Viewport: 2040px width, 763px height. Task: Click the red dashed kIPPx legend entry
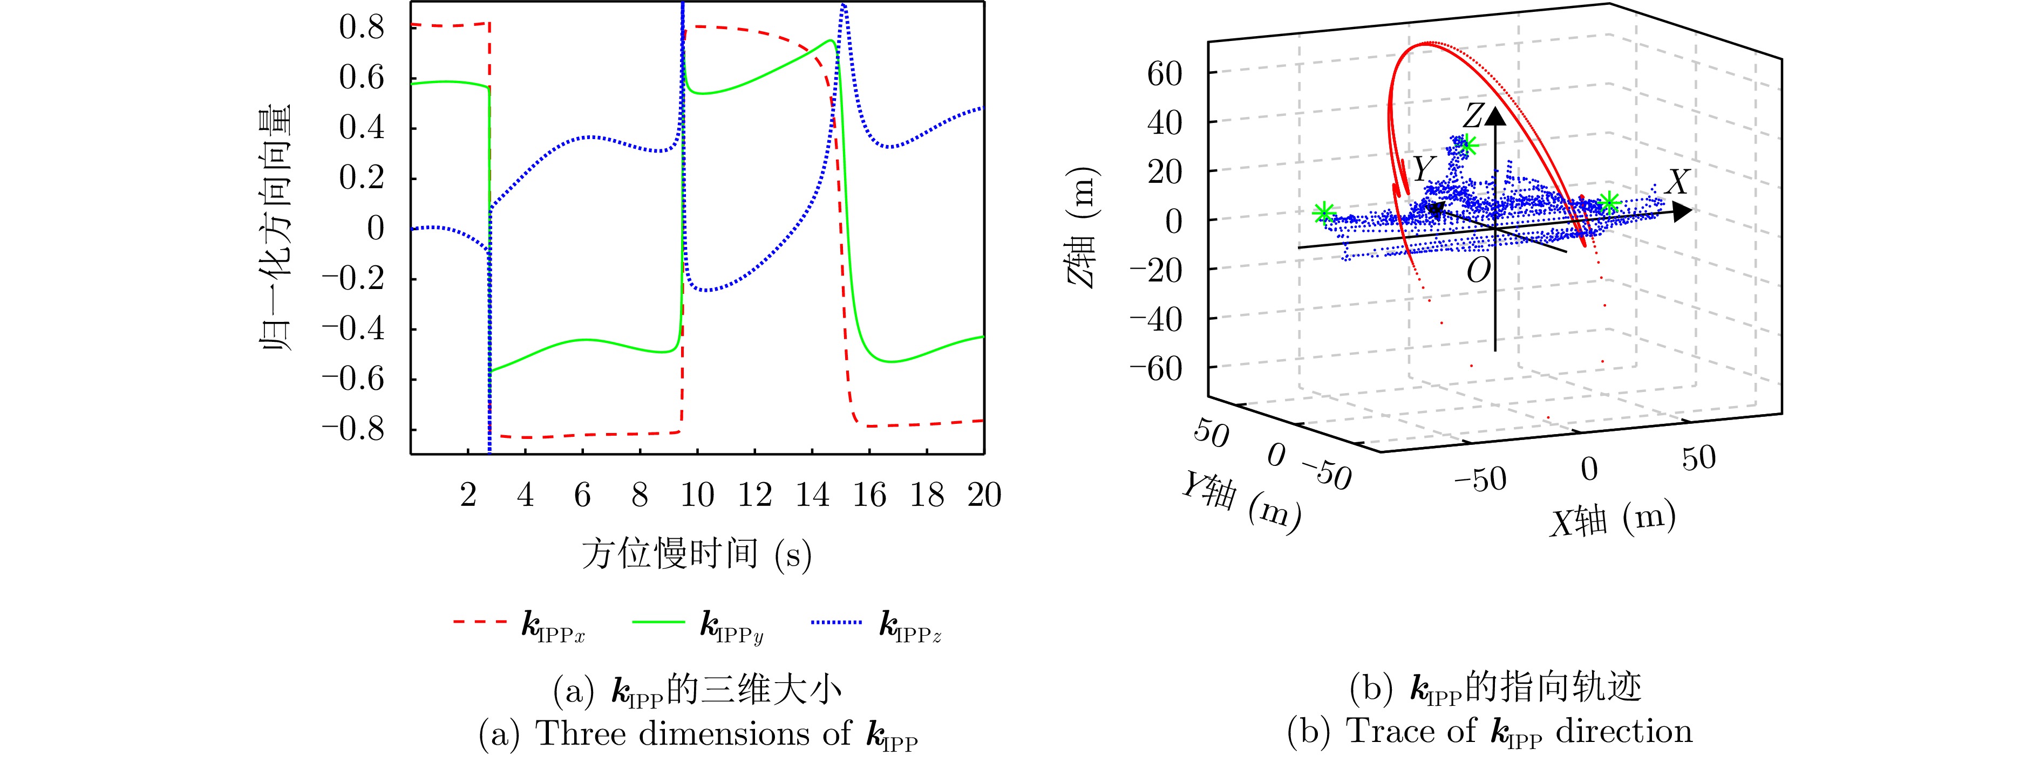519,624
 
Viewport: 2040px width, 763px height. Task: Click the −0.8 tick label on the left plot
353,429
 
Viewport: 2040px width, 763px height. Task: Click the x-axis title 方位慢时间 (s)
697,553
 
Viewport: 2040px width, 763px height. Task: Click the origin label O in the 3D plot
1478,271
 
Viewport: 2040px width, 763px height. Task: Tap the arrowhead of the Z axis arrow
1495,117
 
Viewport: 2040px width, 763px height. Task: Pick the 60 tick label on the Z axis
1164,74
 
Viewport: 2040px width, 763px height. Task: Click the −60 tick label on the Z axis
1155,369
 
